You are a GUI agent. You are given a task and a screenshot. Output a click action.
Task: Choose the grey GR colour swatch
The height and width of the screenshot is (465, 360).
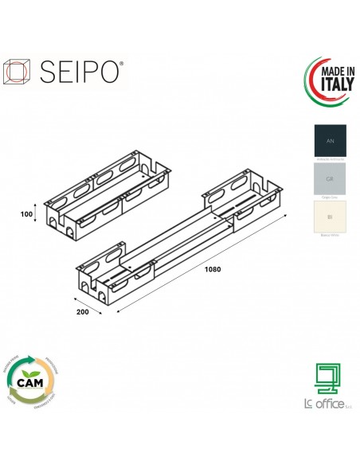pos(331,179)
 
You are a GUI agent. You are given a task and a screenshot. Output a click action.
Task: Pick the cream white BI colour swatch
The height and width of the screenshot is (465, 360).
pos(331,217)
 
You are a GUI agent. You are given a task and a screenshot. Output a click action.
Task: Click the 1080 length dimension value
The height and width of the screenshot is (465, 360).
pos(211,268)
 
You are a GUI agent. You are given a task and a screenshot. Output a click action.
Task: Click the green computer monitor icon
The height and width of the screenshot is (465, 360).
pos(327,378)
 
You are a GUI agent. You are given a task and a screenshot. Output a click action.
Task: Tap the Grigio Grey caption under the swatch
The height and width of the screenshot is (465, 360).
pos(331,199)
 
